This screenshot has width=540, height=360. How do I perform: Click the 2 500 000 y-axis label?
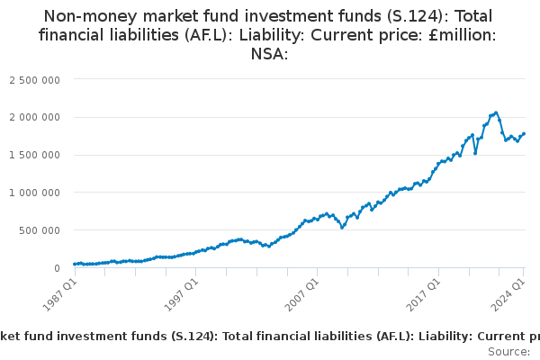[x=34, y=80]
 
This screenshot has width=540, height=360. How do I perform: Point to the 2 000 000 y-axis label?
[x=34, y=118]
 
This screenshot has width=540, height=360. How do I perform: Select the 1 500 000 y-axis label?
[x=34, y=155]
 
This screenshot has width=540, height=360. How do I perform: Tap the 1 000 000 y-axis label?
[x=34, y=193]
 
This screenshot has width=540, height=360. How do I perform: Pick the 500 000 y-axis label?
[x=40, y=230]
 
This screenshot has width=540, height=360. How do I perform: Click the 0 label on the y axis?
[x=58, y=268]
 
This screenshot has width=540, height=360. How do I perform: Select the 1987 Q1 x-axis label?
[x=59, y=295]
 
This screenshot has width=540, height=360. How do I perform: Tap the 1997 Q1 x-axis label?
[x=181, y=295]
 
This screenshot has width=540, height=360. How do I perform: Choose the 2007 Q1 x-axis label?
[x=302, y=295]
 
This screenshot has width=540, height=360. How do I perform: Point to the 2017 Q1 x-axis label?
[x=424, y=295]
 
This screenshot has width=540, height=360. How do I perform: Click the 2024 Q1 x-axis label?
[x=508, y=295]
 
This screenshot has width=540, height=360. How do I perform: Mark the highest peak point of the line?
[x=496, y=113]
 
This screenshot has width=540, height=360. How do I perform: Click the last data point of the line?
[x=524, y=134]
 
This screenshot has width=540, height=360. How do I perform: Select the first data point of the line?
[x=75, y=265]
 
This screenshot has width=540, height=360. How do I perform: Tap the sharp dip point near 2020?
[x=475, y=153]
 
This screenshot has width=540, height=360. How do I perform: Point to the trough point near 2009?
[x=342, y=228]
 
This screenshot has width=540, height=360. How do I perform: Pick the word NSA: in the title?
[x=269, y=54]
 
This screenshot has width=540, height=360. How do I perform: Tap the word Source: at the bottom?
[x=509, y=352]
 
